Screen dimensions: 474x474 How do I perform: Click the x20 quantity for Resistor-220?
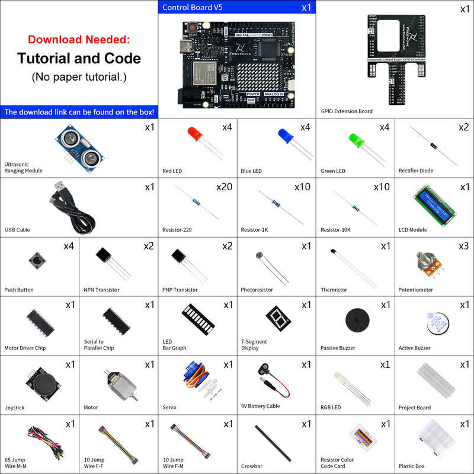224,187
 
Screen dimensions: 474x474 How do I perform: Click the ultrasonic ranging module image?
79,146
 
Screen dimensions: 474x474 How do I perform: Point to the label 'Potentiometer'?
416,290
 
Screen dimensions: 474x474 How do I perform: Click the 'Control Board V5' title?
193,8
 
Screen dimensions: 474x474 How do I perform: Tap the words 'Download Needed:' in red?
79,40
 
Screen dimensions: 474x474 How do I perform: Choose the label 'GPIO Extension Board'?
347,111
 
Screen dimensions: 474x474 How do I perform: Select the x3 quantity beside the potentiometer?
463,246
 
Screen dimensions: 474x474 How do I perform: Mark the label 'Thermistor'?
334,290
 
